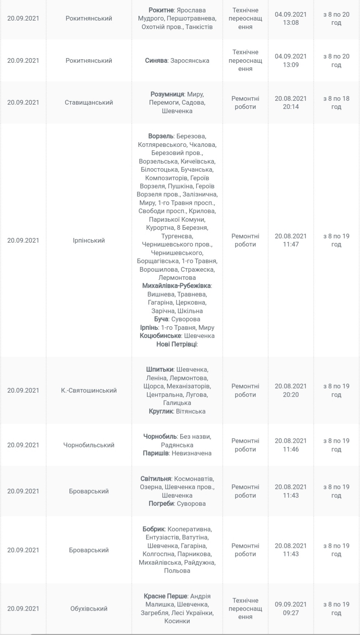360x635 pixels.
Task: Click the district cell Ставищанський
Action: [89, 103]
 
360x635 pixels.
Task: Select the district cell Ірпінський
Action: [89, 240]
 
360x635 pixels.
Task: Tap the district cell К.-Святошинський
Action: [89, 390]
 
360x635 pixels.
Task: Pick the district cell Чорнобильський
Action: [89, 445]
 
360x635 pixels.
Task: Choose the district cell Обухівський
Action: [89, 609]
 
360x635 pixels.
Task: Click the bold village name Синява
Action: [156, 60]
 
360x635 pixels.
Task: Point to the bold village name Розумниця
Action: [167, 94]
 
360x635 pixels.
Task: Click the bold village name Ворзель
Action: [161, 136]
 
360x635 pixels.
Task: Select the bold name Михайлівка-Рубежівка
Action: [176, 286]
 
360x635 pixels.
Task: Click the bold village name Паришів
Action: [155, 453]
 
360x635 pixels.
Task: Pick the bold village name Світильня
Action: [156, 479]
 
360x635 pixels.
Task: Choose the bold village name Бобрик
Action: [154, 529]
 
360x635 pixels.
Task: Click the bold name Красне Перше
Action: [165, 596]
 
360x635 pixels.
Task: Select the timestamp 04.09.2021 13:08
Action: [291, 19]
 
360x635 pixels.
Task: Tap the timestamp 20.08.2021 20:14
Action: [291, 103]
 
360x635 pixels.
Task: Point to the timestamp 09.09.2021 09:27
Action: [291, 609]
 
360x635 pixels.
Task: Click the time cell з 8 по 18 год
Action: [336, 103]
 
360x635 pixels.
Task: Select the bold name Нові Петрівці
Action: [177, 344]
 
